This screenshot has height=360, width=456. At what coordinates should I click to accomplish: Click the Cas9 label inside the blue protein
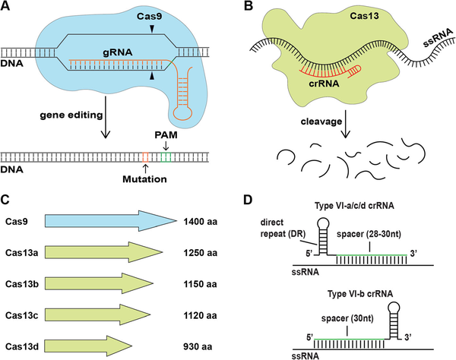[150, 16]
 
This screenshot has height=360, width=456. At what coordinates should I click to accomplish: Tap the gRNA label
[117, 52]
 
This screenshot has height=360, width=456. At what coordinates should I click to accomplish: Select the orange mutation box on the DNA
[145, 157]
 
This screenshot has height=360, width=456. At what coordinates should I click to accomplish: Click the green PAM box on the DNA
[166, 157]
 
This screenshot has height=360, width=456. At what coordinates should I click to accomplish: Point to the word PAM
[166, 135]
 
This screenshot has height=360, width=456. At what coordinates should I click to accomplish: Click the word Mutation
[144, 179]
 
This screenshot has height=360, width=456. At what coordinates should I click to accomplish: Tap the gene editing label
[71, 115]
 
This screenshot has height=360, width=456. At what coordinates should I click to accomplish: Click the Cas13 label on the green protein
[364, 15]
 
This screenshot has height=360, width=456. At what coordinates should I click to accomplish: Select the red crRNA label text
[324, 84]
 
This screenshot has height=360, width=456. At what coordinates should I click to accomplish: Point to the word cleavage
[321, 122]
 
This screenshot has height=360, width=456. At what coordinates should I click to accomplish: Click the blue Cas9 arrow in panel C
[111, 221]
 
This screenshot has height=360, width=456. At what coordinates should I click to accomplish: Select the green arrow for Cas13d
[88, 346]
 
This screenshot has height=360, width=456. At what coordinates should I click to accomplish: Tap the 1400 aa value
[200, 222]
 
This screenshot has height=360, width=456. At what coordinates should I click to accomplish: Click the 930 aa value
[198, 346]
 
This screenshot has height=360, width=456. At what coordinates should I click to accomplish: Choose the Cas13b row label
[22, 284]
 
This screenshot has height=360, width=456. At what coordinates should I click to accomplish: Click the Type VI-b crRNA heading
[360, 294]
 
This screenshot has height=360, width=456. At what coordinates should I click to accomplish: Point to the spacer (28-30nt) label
[369, 234]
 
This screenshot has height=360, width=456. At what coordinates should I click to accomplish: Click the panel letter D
[249, 200]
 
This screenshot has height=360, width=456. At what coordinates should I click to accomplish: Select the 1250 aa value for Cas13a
[200, 253]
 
